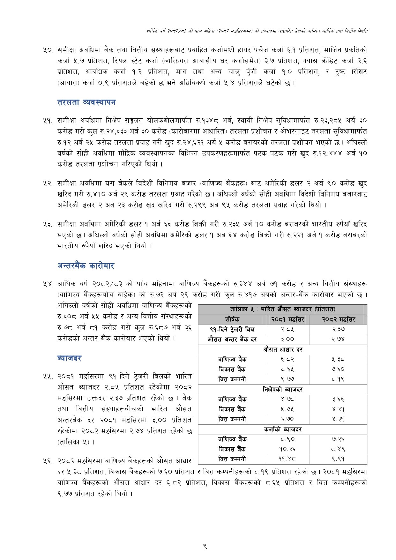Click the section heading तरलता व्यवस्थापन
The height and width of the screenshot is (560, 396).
point(86,102)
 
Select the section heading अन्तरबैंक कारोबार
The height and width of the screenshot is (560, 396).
point(86,266)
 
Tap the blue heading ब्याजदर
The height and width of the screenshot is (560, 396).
point(69,358)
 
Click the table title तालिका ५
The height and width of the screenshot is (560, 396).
point(282,309)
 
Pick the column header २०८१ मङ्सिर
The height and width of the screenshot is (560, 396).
point(288,319)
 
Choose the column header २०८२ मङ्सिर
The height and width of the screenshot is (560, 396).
point(338,319)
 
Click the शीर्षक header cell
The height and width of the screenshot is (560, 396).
point(232,319)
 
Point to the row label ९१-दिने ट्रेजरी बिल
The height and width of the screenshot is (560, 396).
point(232,329)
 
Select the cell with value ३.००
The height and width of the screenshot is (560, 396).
point(288,339)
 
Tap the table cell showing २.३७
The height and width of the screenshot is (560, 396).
point(338,329)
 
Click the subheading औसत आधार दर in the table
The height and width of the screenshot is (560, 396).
point(282,349)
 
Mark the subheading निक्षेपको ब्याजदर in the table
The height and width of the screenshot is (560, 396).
point(282,389)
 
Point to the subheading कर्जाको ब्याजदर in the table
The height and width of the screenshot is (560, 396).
point(282,429)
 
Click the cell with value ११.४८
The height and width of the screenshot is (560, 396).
point(288,459)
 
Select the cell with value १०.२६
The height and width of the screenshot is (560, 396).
point(288,449)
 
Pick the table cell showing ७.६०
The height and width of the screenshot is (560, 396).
point(338,369)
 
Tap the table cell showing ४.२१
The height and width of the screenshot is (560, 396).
point(338,409)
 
